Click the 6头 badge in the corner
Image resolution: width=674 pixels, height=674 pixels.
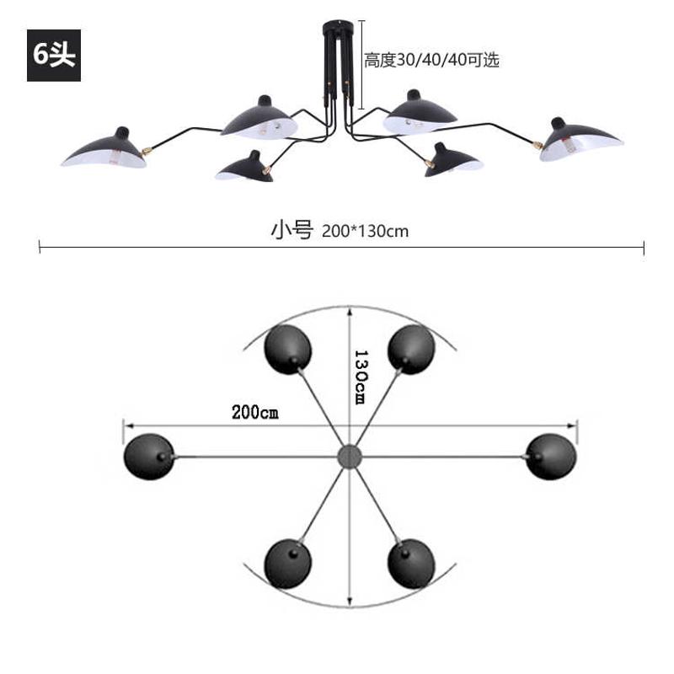[54, 56]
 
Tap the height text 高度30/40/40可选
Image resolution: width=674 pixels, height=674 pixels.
[431, 60]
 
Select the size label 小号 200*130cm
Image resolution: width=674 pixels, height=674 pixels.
[340, 229]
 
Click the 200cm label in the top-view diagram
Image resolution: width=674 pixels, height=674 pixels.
[254, 413]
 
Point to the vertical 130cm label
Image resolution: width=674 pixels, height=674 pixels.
[360, 377]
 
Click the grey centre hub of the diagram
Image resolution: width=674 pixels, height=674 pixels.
[349, 457]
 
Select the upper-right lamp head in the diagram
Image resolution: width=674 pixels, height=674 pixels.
[412, 347]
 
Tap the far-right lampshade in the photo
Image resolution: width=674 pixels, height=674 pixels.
[581, 138]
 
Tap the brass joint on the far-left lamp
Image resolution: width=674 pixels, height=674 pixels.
[145, 152]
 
